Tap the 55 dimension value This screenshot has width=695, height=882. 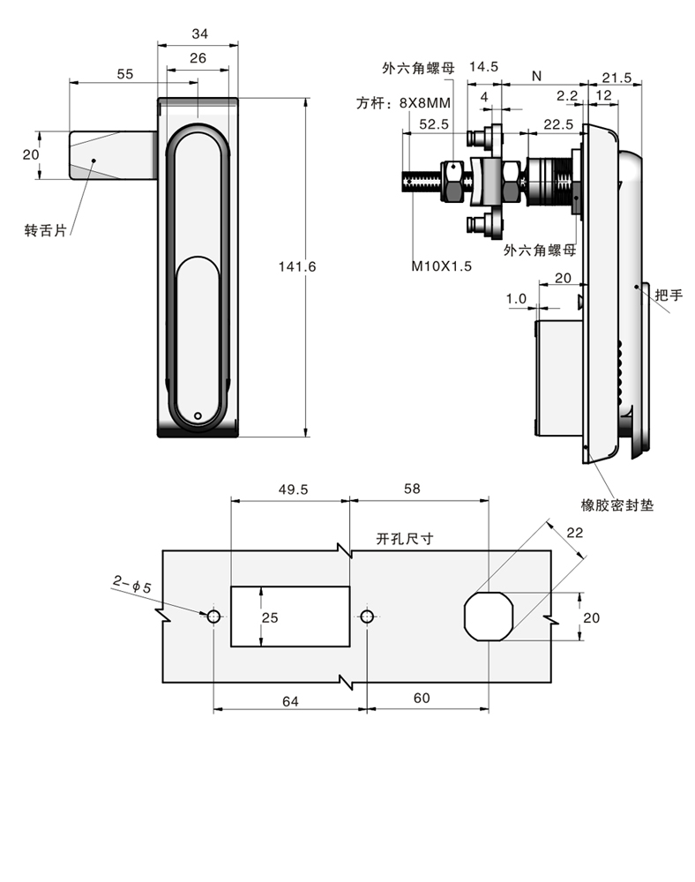[125, 74]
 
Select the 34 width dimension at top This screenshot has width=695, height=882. [198, 34]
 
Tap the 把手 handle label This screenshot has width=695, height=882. [669, 295]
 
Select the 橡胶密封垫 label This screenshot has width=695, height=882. [617, 505]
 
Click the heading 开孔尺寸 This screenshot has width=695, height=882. [404, 539]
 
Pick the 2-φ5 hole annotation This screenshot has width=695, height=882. [132, 583]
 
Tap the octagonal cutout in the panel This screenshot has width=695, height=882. [488, 616]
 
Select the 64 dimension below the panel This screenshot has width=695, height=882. [290, 700]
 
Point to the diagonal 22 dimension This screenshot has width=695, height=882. [575, 532]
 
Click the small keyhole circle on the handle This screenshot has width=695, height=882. [198, 416]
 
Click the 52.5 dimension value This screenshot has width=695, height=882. [434, 124]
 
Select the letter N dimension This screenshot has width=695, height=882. [536, 77]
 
